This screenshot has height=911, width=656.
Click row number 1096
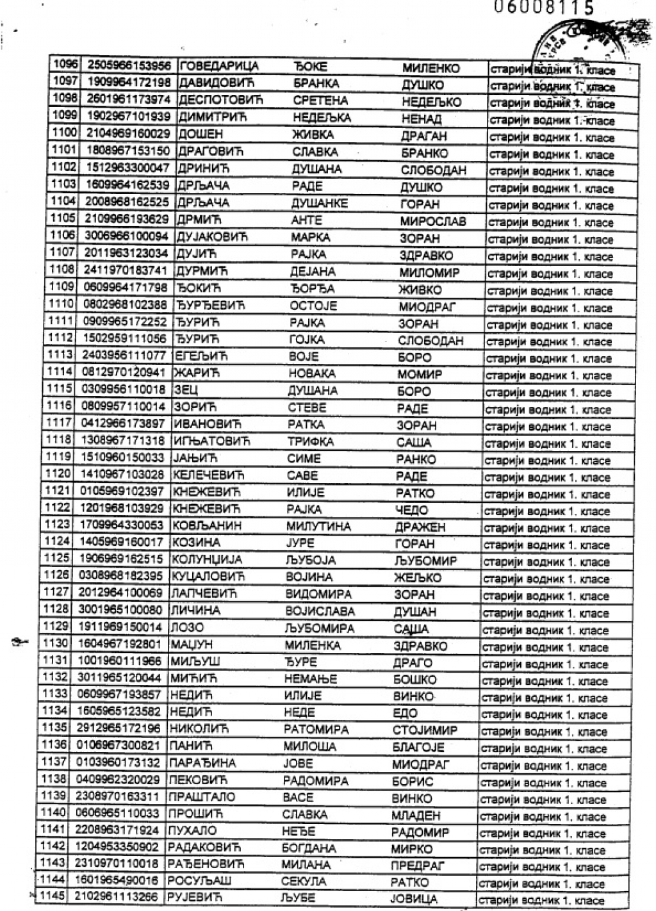click(64, 65)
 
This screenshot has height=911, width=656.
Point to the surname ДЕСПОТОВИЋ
click(220, 100)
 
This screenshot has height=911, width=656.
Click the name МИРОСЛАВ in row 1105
click(433, 222)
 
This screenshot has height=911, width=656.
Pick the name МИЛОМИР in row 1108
click(429, 272)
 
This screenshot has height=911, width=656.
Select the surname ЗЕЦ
click(186, 390)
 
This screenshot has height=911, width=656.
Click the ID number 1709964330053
click(121, 526)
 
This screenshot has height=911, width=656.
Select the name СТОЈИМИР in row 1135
click(424, 730)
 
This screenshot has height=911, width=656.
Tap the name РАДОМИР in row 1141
click(420, 832)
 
